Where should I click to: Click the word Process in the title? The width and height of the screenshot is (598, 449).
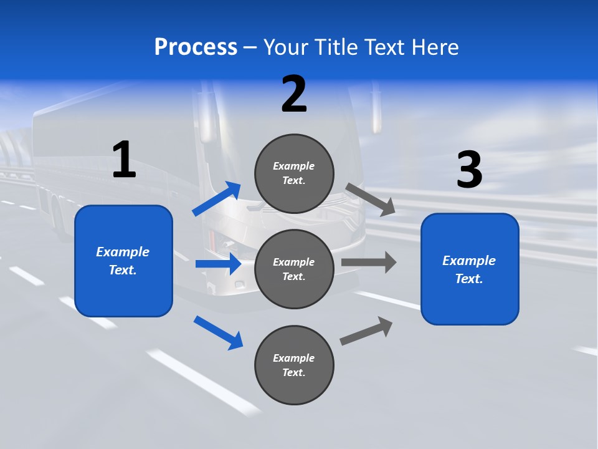[196, 47]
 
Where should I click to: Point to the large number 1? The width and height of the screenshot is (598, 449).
[124, 160]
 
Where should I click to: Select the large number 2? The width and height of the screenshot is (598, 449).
[294, 94]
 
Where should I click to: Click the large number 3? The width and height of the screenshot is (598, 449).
[469, 170]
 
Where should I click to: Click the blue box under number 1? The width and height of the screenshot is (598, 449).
[123, 261]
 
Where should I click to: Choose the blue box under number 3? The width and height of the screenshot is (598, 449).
[470, 269]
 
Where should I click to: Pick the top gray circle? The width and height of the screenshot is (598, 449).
[294, 173]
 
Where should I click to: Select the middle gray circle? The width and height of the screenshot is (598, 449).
[294, 269]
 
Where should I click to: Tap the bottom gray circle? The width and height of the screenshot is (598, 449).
[294, 365]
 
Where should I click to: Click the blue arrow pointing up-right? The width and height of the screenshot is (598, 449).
[217, 199]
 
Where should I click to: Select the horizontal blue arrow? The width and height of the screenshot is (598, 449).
[218, 264]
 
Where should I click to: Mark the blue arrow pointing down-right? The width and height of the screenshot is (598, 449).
[218, 332]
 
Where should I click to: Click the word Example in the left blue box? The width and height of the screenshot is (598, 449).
[123, 252]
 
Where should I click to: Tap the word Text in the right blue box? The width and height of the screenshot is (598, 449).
[468, 279]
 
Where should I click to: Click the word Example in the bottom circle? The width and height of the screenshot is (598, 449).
[294, 358]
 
